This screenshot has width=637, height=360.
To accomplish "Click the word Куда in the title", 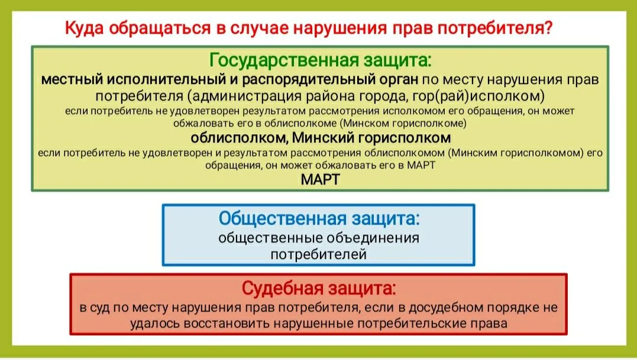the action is (85, 28).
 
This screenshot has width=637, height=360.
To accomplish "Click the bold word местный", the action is (72, 79).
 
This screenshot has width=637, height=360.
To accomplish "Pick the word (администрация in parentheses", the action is (244, 96).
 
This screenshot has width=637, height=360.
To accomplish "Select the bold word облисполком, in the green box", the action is (240, 138).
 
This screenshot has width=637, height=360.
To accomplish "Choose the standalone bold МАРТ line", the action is (320, 179).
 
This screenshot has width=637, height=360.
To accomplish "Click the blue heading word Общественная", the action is (283, 218).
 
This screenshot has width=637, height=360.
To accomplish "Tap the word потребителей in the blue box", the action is (318, 254).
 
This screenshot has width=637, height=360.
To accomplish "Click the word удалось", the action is (155, 323).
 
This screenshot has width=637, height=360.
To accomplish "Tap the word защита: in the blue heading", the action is (386, 218).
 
